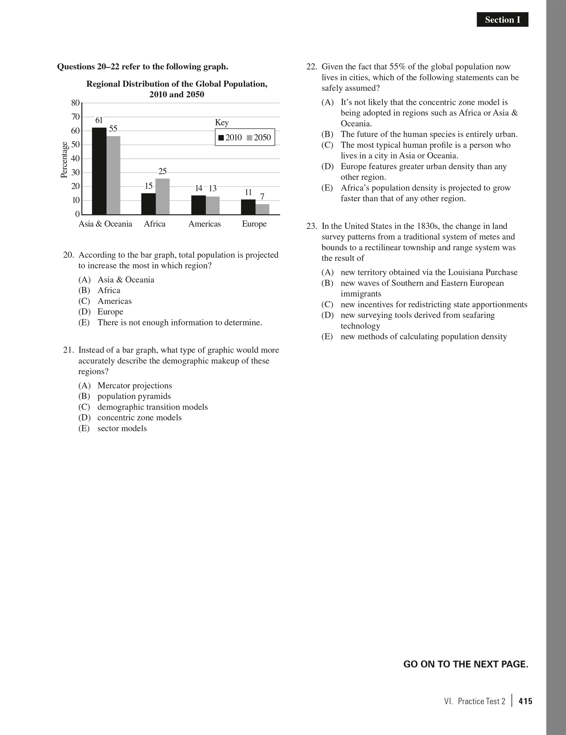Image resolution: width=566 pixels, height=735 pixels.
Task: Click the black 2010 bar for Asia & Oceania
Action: [99, 171]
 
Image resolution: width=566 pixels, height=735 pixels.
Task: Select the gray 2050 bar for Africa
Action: [163, 196]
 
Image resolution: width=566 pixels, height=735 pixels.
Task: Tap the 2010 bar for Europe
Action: [248, 207]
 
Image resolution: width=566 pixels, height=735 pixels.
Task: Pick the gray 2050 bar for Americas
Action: [213, 205]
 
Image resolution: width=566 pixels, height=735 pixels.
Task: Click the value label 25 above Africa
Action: [162, 171]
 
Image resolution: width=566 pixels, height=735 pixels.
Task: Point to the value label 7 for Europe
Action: [262, 197]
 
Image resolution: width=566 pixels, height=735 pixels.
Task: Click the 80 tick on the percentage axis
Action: [75, 103]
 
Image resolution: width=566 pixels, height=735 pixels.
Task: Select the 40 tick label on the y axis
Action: [75, 159]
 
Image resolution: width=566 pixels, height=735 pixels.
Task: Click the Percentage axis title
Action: [64, 159]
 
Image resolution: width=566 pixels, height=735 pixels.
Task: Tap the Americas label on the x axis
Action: [204, 224]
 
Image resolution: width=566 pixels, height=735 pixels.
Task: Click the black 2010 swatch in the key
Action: [221, 138]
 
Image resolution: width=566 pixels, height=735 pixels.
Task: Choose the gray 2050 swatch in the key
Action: [250, 138]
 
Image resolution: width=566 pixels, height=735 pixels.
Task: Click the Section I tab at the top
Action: [502, 20]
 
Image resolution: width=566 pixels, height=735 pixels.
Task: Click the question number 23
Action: [311, 226]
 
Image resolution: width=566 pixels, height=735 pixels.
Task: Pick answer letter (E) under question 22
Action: [327, 188]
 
